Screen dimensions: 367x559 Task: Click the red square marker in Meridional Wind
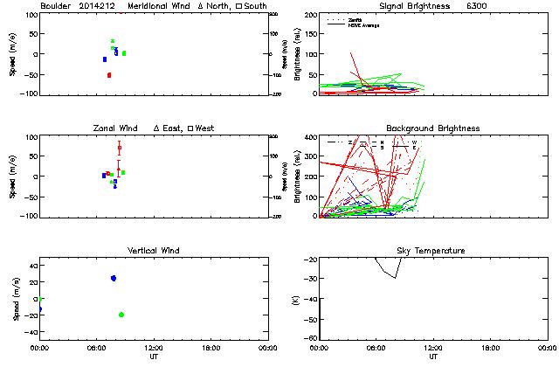point(109,75)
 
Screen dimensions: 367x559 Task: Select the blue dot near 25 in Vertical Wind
point(114,278)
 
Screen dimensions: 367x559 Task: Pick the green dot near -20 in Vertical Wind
point(121,315)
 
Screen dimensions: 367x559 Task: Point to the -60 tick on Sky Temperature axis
point(310,319)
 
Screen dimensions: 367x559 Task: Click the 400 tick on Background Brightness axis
point(309,137)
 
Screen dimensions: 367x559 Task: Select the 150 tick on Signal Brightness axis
point(309,34)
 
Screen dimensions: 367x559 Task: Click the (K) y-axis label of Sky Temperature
point(292,298)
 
